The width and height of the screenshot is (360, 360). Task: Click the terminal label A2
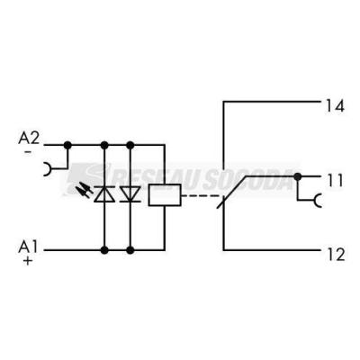pyautogui.click(x=29, y=138)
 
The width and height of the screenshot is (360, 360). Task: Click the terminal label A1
pyautogui.click(x=28, y=247)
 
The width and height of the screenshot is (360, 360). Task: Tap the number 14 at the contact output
pyautogui.click(x=335, y=106)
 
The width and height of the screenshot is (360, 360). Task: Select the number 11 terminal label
pyautogui.click(x=335, y=181)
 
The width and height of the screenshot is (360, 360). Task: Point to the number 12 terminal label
pyautogui.click(x=336, y=255)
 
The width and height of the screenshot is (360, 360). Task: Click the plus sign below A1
pyautogui.click(x=28, y=261)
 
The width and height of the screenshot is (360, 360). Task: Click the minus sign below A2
pyautogui.click(x=28, y=152)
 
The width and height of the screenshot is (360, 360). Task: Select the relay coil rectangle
pyautogui.click(x=165, y=195)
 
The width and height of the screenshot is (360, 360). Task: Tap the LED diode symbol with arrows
pyautogui.click(x=104, y=194)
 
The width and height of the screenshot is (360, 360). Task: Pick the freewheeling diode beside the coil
pyautogui.click(x=130, y=194)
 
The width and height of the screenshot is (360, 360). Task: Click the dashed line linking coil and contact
pyautogui.click(x=201, y=196)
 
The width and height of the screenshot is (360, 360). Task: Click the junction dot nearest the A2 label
pyautogui.click(x=67, y=146)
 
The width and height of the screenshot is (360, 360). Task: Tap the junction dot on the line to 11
pyautogui.click(x=297, y=176)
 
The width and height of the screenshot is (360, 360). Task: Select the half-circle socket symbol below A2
pyautogui.click(x=48, y=169)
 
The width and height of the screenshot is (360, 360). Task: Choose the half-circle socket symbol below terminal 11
pyautogui.click(x=318, y=201)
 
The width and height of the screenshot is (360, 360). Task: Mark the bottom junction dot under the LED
pyautogui.click(x=104, y=250)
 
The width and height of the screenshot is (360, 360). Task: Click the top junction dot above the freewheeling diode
pyautogui.click(x=130, y=146)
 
